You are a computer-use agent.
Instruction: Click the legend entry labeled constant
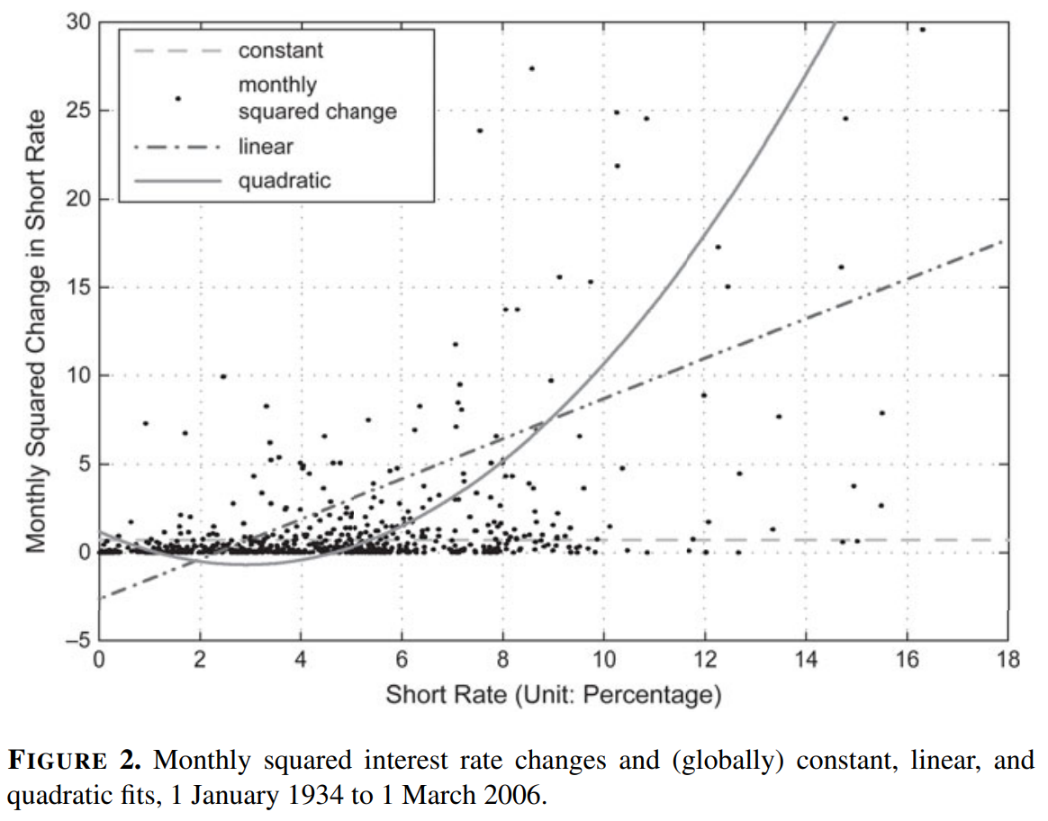280,50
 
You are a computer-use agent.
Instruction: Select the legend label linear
266,146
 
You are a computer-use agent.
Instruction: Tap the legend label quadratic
285,181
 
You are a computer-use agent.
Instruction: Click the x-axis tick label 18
1007,662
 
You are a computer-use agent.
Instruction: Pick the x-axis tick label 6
402,662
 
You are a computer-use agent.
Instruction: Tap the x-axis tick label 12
705,662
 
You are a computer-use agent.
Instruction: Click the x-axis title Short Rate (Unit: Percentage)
554,695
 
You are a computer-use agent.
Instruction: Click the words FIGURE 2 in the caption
74,762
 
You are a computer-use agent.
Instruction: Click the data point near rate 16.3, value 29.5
922,30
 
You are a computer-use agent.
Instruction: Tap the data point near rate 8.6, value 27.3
531,68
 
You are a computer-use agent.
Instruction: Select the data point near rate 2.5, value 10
223,376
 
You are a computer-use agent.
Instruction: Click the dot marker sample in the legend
177,98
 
